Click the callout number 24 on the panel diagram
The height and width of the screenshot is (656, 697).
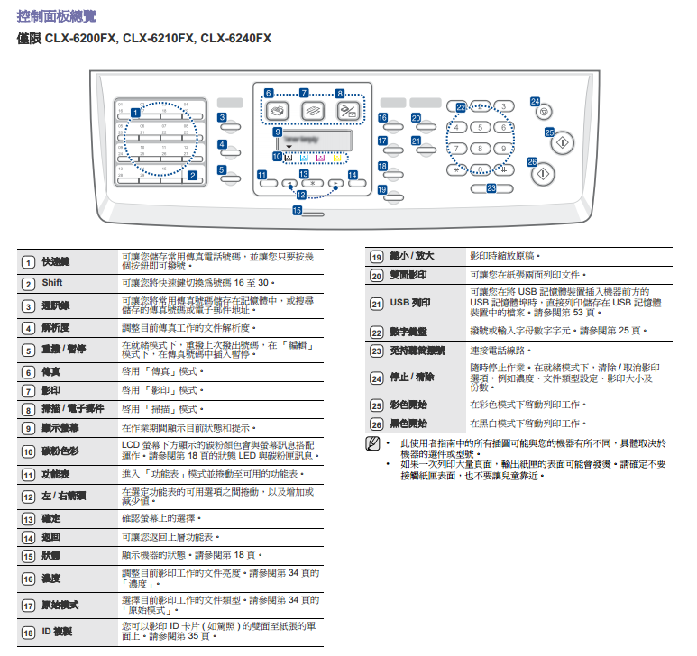point(535,102)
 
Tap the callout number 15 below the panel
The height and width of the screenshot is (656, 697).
point(297,210)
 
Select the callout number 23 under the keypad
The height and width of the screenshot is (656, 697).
point(491,188)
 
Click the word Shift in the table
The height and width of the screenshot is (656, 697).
point(51,283)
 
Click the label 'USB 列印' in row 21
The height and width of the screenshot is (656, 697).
point(409,304)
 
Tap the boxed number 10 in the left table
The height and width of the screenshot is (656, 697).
point(28,450)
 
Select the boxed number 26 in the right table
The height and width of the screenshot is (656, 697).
point(377,423)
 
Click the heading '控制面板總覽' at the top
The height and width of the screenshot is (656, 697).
point(56,15)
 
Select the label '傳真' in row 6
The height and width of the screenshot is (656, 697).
point(50,371)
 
